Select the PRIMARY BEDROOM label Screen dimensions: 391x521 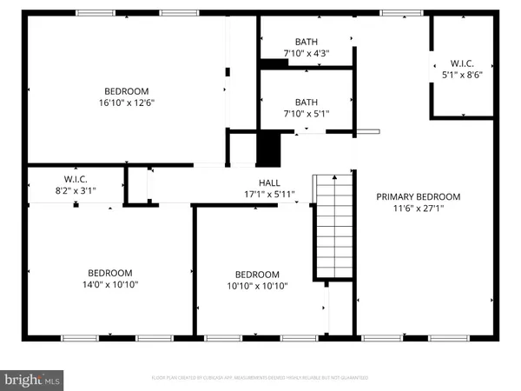[x=418, y=196]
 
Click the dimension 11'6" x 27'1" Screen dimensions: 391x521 [x=418, y=209]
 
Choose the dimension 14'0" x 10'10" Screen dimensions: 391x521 [x=109, y=284]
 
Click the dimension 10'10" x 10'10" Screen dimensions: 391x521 [x=257, y=286]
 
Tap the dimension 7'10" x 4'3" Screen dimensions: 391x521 [x=307, y=53]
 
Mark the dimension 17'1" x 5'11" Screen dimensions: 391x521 [x=270, y=194]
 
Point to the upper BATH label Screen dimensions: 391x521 [x=307, y=41]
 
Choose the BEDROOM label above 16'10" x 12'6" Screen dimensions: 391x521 [x=127, y=91]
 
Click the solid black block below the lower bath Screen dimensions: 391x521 [x=268, y=148]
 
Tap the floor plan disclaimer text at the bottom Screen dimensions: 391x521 [x=260, y=378]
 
